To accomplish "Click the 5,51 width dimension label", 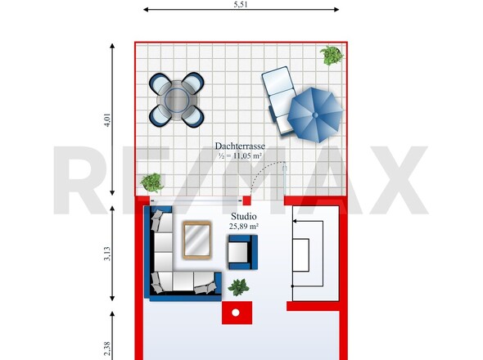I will [241, 5].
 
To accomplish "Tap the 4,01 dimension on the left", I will [106, 121].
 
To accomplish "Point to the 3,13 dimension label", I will [106, 254].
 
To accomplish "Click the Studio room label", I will [244, 217].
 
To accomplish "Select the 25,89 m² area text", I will [244, 227].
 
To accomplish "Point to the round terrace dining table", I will [178, 99].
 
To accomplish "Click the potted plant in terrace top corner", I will [331, 56].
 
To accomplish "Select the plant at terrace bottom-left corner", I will [151, 182].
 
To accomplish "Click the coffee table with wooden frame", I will [196, 239].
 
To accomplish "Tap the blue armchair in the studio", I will [241, 251].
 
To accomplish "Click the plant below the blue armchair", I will [238, 287].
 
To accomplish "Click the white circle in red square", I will [237, 312].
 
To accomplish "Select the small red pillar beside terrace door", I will [246, 200].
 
